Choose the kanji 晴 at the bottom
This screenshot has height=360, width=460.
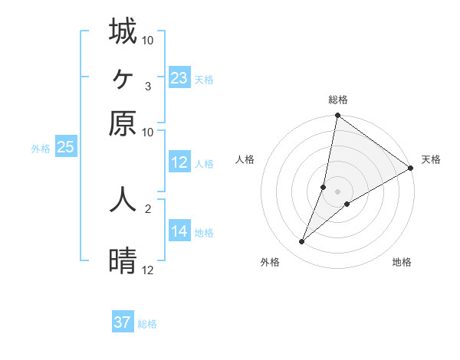123,261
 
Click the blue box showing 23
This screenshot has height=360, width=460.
179,78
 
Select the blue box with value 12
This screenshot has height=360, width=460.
179,162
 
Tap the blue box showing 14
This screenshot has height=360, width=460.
179,231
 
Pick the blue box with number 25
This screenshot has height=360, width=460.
65,148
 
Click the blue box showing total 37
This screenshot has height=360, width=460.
123,322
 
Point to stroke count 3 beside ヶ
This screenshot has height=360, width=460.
148,86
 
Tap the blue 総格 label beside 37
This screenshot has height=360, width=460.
147,324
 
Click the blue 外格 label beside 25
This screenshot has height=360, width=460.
41,149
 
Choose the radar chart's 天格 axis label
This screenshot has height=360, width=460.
431,159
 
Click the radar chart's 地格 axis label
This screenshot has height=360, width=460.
402,262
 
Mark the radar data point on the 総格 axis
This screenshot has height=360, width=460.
337,116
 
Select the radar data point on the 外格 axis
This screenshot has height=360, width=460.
302,242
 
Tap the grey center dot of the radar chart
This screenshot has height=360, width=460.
337,191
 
